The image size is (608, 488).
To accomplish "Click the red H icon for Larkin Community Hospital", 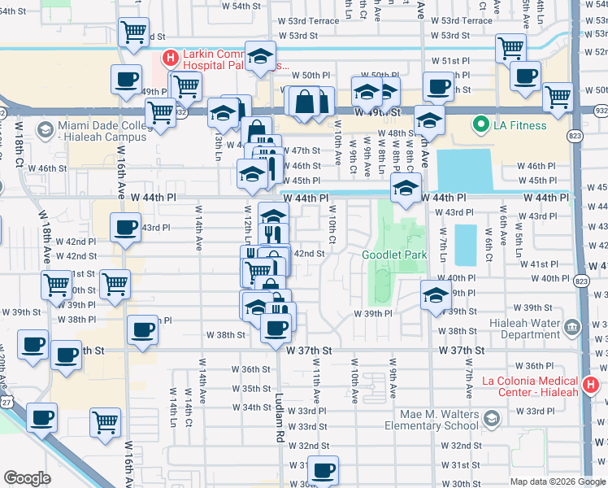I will (x=170, y=59).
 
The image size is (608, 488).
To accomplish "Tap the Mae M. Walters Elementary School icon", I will (x=491, y=418).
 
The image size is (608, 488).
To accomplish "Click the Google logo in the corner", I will (x=27, y=478).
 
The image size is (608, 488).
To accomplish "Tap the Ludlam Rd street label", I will (x=278, y=412).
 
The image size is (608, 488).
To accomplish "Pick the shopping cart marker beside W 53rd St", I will (x=133, y=33).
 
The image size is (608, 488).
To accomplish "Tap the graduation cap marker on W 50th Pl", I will (x=260, y=56).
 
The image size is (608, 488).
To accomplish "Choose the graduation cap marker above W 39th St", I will (x=436, y=295).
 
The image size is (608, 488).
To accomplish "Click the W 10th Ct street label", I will (x=332, y=226).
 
